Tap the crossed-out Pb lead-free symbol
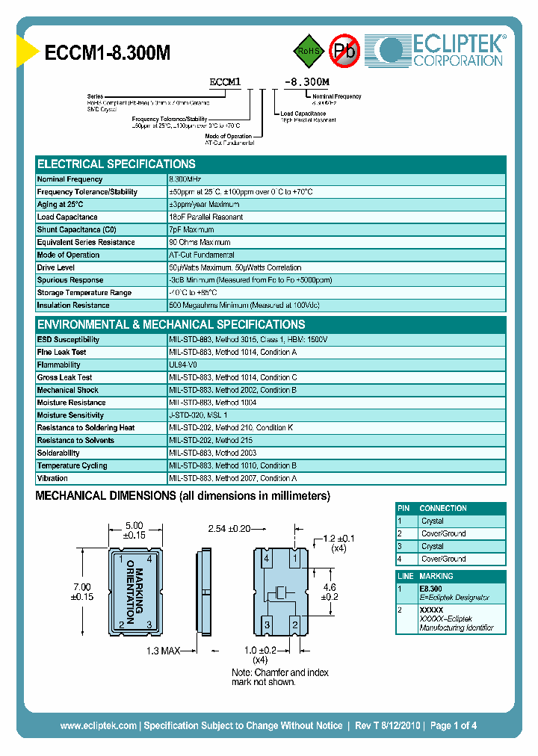click(345, 51)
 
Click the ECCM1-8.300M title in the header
click(108, 53)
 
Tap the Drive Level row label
click(56, 267)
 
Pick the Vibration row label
click(52, 478)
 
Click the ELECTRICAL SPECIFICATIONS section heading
click(117, 164)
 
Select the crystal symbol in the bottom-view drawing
click(281, 592)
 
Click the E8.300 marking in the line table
click(431, 589)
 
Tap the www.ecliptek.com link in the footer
click(98, 725)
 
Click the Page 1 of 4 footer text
click(454, 725)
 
